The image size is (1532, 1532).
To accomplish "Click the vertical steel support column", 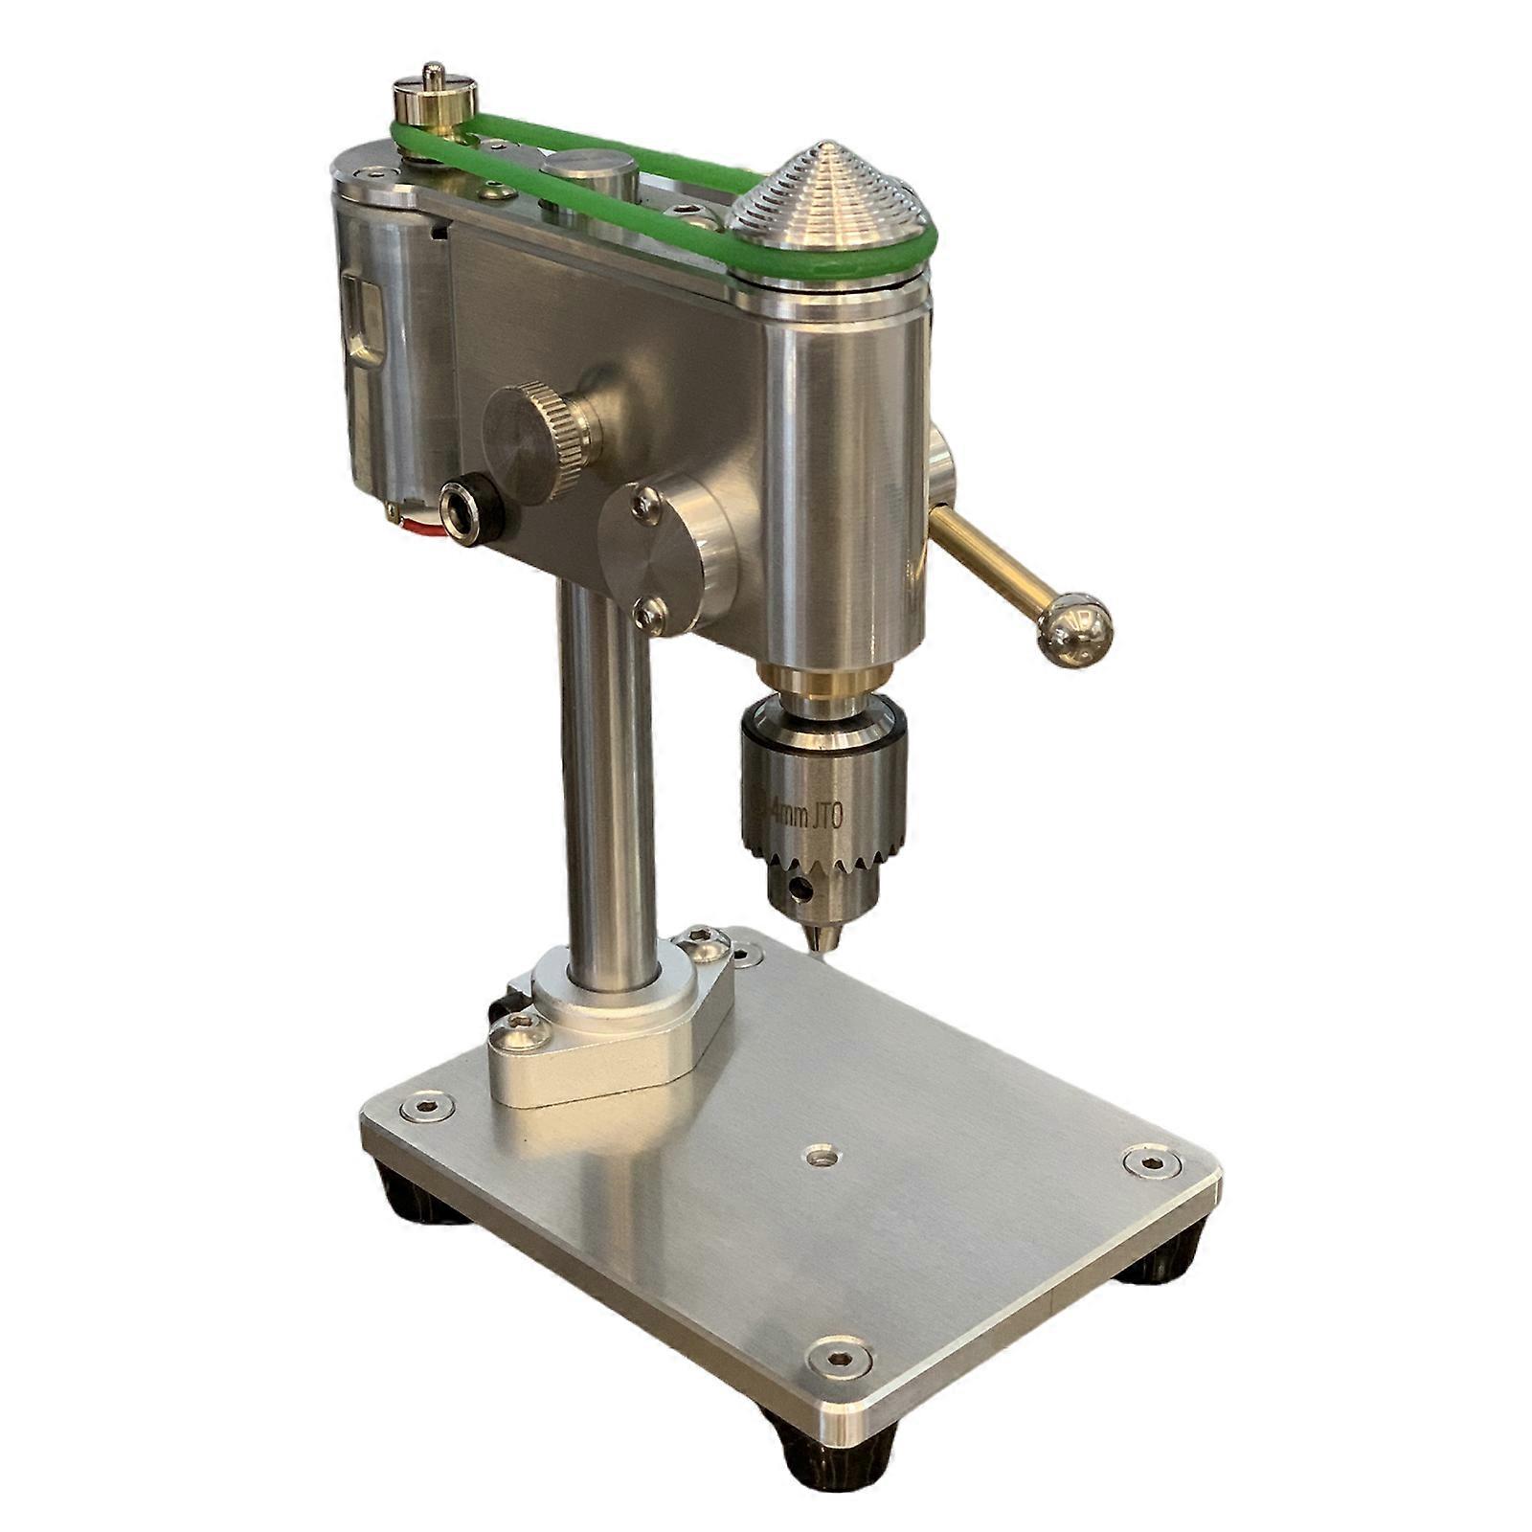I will coord(606,766).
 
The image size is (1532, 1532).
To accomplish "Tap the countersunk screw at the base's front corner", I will coord(839,1357).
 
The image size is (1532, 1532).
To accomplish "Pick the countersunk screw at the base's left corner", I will coord(427,1109).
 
